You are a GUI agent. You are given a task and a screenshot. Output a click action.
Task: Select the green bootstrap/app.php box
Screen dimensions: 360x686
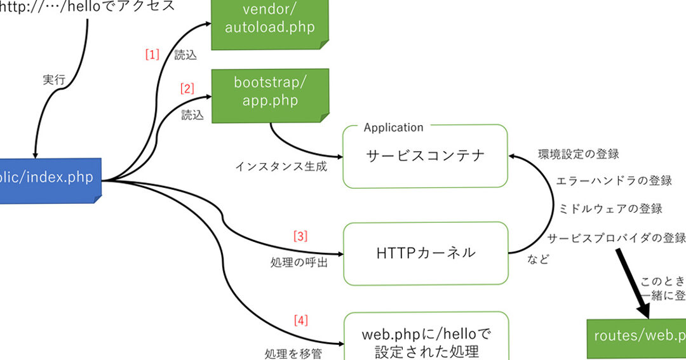pos(269,95)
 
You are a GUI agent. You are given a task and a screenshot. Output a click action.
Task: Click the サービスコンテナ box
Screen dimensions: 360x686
pos(425,156)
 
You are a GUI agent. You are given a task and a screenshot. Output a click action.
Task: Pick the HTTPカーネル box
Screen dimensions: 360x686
pos(425,253)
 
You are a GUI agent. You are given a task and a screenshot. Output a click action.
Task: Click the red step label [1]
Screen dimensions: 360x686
pos(152,55)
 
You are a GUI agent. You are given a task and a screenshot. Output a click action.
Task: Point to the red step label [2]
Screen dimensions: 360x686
pos(187,89)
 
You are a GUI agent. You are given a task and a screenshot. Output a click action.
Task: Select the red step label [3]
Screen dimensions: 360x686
pos(300,236)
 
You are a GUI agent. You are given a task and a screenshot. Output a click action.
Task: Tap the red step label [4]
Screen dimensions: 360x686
pos(300,321)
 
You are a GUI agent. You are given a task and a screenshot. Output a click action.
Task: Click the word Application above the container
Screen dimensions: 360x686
pos(393,128)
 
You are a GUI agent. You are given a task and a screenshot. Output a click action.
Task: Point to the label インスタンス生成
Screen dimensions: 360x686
pos(281,167)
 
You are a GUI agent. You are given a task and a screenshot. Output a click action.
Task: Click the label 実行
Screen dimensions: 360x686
pos(54,81)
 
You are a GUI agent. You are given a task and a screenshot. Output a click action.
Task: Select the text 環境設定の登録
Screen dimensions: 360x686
pos(578,154)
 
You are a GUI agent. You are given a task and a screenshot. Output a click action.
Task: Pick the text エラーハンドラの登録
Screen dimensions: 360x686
pos(614,181)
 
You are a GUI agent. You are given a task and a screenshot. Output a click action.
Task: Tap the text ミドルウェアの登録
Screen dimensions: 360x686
pos(610,209)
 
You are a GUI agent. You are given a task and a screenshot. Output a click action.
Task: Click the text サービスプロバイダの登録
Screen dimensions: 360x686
pos(616,238)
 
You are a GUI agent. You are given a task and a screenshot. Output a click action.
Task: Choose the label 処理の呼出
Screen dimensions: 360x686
pos(299,262)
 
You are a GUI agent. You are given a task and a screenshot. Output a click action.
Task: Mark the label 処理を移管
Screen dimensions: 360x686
pos(293,353)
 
